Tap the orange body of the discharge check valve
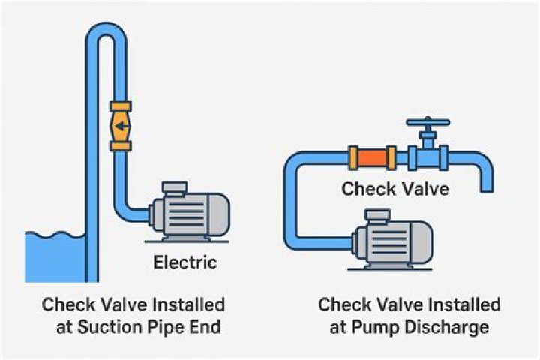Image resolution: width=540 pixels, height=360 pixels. click(x=372, y=158)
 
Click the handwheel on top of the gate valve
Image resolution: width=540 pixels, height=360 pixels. click(x=428, y=122)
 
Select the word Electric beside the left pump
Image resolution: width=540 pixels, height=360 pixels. click(x=185, y=262)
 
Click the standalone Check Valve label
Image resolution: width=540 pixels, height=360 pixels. click(x=395, y=189)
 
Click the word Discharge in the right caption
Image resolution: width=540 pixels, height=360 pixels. click(x=447, y=327)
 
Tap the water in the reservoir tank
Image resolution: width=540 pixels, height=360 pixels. click(x=55, y=258)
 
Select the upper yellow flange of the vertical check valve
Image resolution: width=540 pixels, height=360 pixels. click(x=121, y=106)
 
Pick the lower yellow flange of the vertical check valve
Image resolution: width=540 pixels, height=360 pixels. click(x=121, y=146)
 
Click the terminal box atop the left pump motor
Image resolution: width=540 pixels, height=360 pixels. click(x=175, y=187)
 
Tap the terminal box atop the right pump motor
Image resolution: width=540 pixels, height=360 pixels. click(x=378, y=216)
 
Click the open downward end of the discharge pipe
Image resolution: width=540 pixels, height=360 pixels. click(x=487, y=189)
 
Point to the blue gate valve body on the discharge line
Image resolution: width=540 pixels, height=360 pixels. click(x=428, y=157)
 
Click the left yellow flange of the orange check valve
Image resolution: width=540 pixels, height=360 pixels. click(x=353, y=158)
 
